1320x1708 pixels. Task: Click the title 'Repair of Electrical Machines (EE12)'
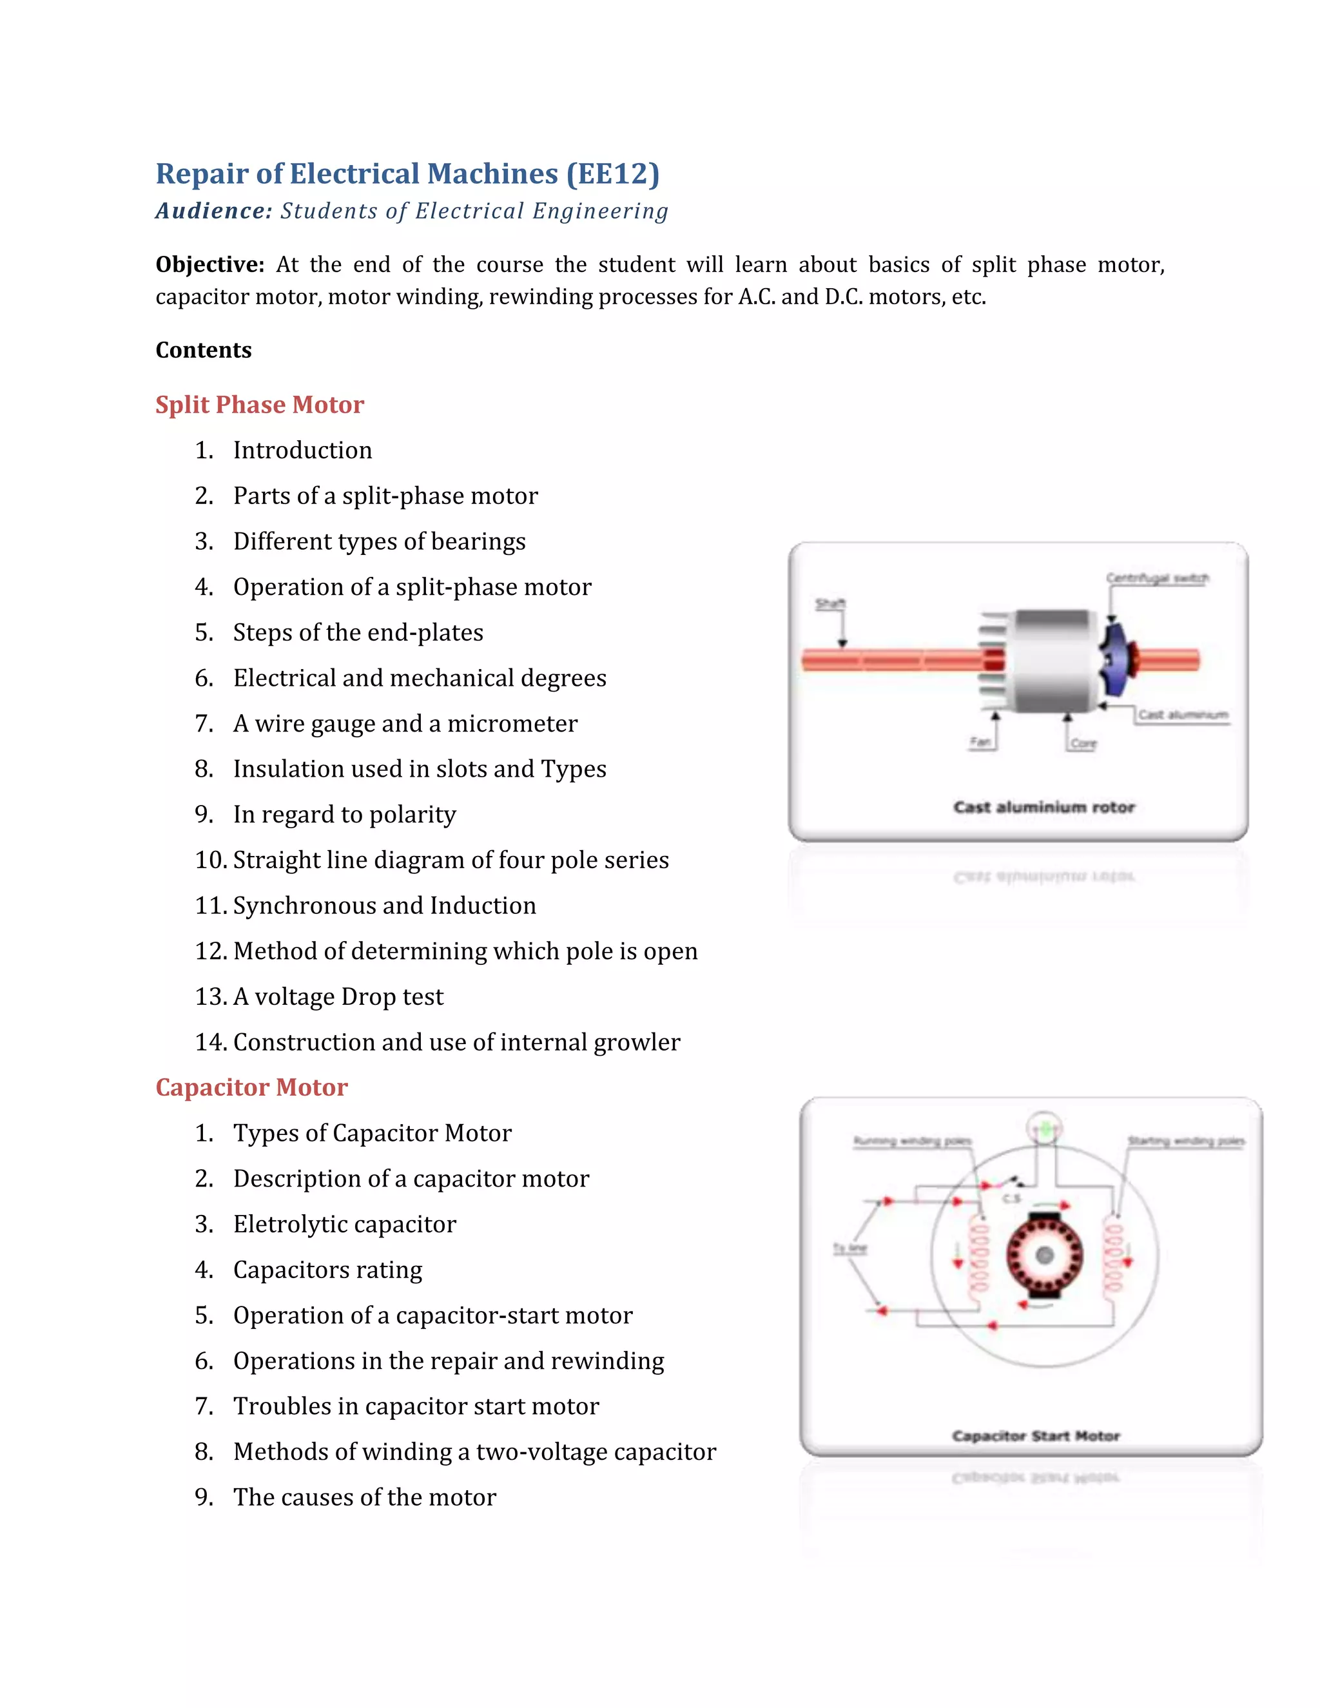[x=407, y=173]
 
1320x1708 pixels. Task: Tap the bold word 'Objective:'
[x=209, y=264]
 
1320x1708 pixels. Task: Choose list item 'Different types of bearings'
[x=379, y=541]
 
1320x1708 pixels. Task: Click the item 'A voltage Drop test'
[x=338, y=996]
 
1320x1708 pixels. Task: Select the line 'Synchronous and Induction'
[x=385, y=905]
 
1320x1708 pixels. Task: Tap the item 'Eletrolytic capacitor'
[x=345, y=1224]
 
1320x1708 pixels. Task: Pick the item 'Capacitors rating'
[x=327, y=1269]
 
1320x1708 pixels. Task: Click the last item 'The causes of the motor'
[x=364, y=1497]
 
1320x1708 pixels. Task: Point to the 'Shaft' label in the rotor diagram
[x=830, y=604]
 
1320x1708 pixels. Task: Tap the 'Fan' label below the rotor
[x=980, y=741]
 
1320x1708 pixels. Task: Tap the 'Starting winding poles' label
[x=1185, y=1141]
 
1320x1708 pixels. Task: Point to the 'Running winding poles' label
[x=912, y=1141]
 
